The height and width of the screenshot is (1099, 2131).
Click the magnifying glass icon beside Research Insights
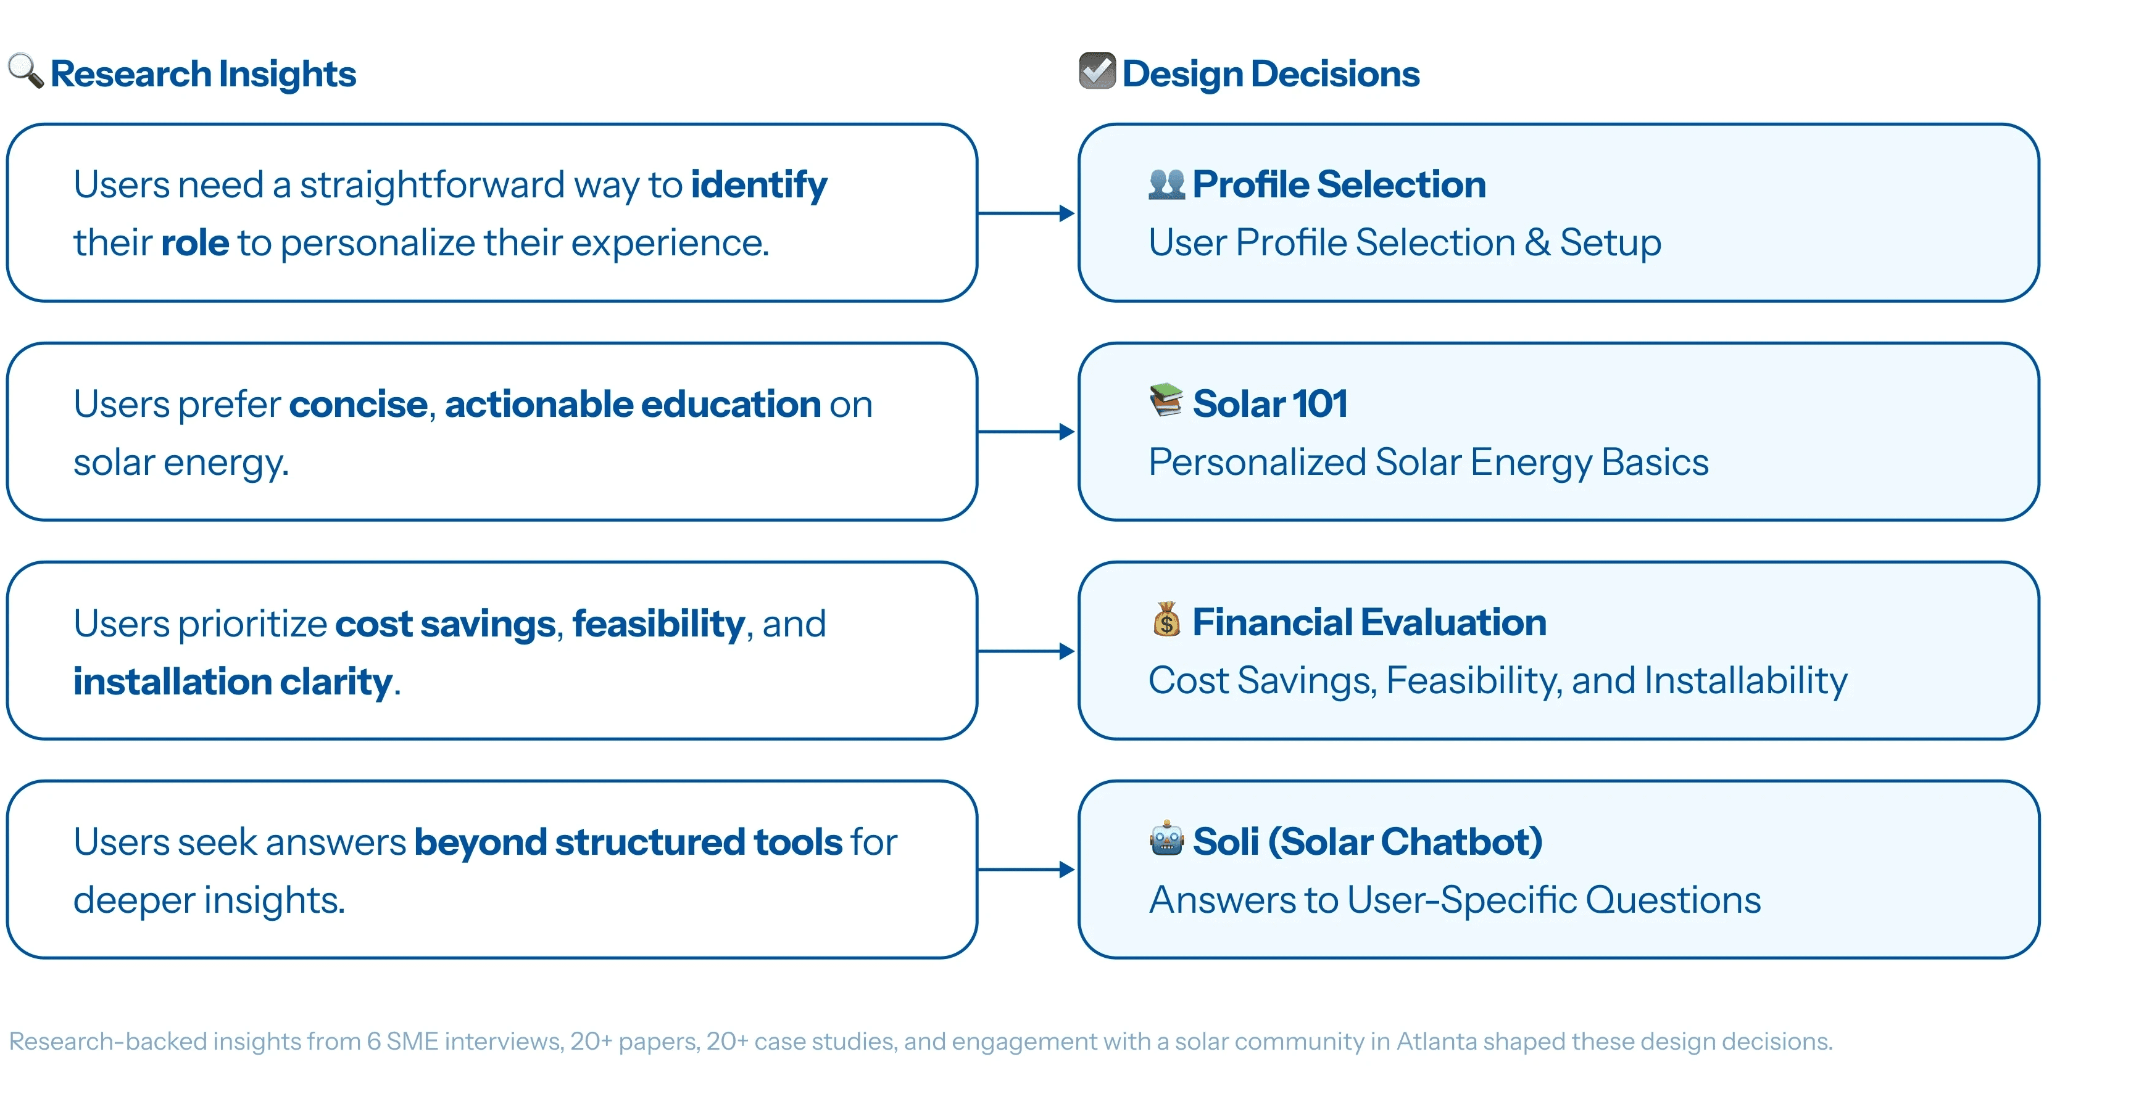pyautogui.click(x=26, y=71)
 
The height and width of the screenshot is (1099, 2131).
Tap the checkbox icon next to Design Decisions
pyautogui.click(x=1097, y=70)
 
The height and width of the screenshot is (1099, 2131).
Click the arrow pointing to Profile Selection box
pyautogui.click(x=1026, y=213)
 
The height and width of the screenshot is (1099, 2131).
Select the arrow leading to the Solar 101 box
pyautogui.click(x=1026, y=432)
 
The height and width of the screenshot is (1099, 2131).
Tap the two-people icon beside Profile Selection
pyautogui.click(x=1166, y=184)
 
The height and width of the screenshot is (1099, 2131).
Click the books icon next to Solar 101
pyautogui.click(x=1166, y=400)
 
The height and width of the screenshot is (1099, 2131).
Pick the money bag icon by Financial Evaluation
pyautogui.click(x=1166, y=619)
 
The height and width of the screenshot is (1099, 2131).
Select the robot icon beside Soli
pyautogui.click(x=1166, y=839)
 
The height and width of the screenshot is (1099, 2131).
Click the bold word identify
pyautogui.click(x=758, y=185)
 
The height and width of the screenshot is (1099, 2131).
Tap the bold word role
pyautogui.click(x=194, y=243)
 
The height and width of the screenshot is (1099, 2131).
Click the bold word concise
pyautogui.click(x=358, y=405)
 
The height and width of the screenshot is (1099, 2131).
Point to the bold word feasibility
pyautogui.click(x=658, y=624)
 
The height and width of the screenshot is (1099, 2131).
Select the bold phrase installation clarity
pyautogui.click(x=233, y=682)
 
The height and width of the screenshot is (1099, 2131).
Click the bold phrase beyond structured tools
pyautogui.click(x=628, y=842)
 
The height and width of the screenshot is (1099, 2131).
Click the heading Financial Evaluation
pyautogui.click(x=1369, y=622)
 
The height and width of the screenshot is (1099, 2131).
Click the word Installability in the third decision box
pyautogui.click(x=1745, y=681)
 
